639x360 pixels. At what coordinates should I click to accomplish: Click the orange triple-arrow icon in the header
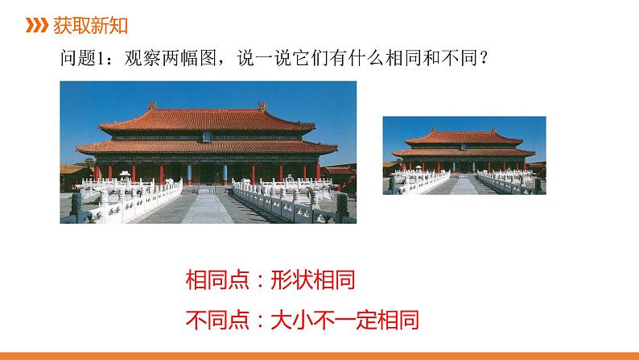[37, 25]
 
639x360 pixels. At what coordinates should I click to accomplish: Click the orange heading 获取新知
[90, 25]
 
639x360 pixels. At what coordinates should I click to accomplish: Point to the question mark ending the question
[484, 58]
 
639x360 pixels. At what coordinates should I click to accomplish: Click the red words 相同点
[217, 279]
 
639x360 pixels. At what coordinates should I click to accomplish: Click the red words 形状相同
[312, 279]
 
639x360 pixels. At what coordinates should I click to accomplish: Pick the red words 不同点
[217, 320]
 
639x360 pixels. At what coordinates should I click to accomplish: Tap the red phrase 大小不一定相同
[344, 320]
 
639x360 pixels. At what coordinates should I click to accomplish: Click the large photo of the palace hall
[208, 152]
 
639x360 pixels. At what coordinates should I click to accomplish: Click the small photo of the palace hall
[464, 155]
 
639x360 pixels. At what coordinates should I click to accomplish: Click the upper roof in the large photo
[207, 120]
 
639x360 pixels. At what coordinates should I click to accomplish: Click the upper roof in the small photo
[464, 138]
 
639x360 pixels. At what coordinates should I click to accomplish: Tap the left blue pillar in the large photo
[189, 175]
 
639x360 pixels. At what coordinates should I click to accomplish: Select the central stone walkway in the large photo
[207, 207]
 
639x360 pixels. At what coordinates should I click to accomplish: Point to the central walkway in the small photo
[464, 184]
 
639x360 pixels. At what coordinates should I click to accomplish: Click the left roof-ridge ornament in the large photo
[152, 106]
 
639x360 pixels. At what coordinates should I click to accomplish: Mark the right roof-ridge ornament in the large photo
[262, 107]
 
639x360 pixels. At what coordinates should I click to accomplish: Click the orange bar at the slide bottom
[319, 356]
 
